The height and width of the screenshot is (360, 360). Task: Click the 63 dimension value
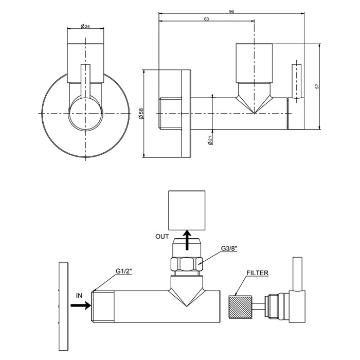[x=206, y=19]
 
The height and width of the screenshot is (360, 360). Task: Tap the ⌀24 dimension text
[x=86, y=26]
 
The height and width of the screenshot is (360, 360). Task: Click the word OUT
[x=162, y=237]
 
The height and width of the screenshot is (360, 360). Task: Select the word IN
[x=79, y=295]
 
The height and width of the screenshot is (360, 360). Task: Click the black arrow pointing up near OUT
[x=188, y=239]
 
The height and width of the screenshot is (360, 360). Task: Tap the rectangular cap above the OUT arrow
[x=188, y=210]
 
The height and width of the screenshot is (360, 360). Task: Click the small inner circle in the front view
[x=86, y=114]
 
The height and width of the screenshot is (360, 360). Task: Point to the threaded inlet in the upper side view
[x=169, y=114]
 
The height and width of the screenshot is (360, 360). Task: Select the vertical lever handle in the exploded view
[x=297, y=275]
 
